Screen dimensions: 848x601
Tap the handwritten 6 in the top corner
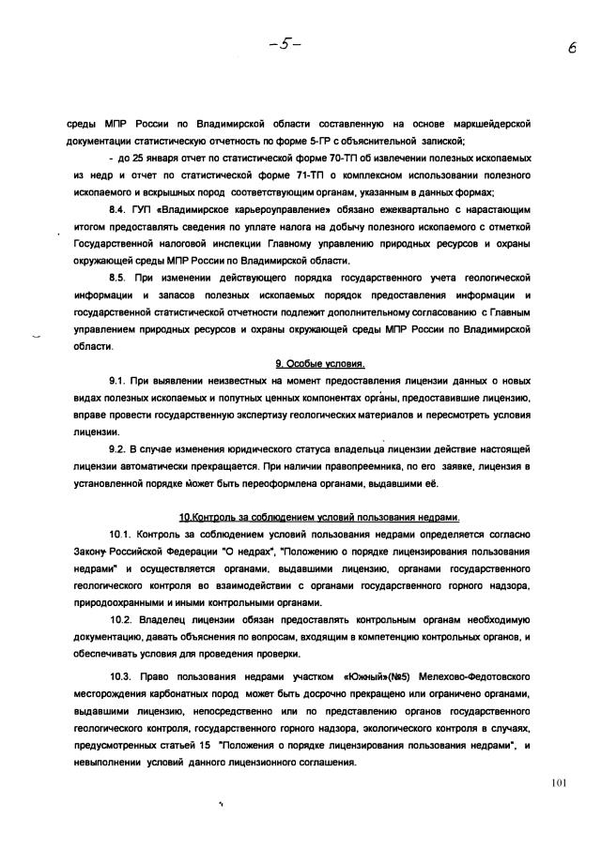pos(571,54)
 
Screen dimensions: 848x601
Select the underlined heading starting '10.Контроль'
pos(319,518)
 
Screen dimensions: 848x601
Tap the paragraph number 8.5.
pos(119,280)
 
